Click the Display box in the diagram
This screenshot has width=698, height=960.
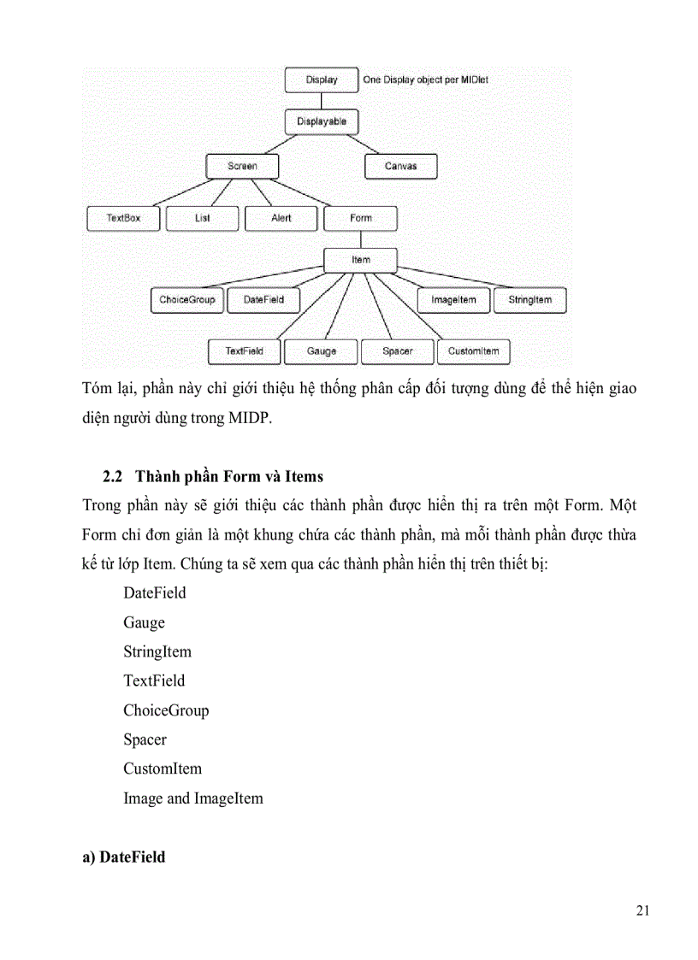click(x=321, y=80)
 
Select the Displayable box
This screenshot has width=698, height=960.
click(x=321, y=122)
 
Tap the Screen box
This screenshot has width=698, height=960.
click(x=242, y=166)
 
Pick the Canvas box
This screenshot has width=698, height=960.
click(x=400, y=166)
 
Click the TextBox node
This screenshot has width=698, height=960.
click(x=122, y=218)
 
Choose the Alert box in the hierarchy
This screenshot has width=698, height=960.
click(x=281, y=218)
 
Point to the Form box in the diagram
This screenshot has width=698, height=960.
click(x=360, y=218)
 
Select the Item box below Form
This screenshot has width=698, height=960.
click(x=360, y=259)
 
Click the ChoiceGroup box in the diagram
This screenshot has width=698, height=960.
click(x=187, y=300)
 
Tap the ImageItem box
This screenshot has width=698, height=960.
click(x=453, y=300)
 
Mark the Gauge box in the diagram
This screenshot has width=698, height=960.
click(x=321, y=350)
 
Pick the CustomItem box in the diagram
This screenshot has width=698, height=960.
click(x=473, y=350)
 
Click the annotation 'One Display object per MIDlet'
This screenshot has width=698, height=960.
click(x=425, y=80)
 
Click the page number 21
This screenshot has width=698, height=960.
click(x=643, y=910)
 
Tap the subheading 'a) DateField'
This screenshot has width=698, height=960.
click(x=124, y=857)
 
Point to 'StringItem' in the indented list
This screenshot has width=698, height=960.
click(x=157, y=651)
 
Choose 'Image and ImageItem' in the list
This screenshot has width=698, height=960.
click(x=193, y=798)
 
